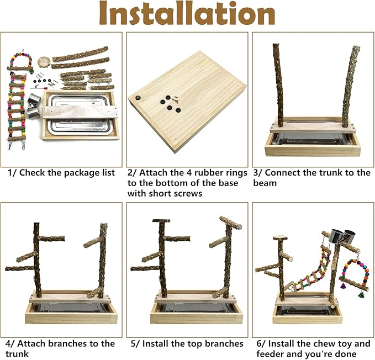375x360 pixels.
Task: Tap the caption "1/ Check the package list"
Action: click(x=61, y=173)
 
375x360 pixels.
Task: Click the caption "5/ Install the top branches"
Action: click(x=187, y=343)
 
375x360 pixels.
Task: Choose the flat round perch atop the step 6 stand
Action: click(x=281, y=238)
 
